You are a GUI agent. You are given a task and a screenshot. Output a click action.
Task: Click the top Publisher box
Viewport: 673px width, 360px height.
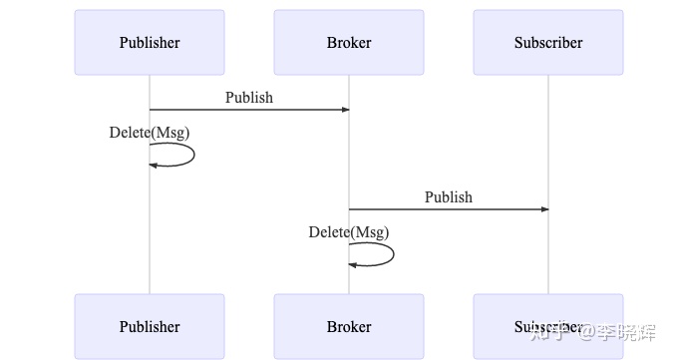coord(150,42)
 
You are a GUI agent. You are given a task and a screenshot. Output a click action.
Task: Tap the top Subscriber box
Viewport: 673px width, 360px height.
coord(548,42)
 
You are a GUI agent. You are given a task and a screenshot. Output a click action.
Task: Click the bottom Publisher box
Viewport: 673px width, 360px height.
coord(150,326)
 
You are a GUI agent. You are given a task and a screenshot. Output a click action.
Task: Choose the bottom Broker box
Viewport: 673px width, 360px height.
coord(349,326)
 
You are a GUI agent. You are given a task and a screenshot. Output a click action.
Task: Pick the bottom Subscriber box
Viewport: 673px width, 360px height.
coord(548,326)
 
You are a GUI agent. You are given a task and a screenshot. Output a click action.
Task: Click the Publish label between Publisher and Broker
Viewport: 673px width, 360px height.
coord(249,98)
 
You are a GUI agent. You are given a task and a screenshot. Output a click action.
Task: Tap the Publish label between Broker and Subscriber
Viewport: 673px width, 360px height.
coord(449,197)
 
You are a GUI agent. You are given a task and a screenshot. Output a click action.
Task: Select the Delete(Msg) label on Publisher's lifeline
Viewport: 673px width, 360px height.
coord(150,133)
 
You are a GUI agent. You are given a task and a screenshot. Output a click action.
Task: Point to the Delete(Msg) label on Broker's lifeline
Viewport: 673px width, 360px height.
coord(349,232)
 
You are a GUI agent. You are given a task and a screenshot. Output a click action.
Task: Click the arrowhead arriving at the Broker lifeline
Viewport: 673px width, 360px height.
coord(345,110)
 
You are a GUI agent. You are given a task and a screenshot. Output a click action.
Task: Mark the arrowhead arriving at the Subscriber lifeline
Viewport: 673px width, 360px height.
coord(544,209)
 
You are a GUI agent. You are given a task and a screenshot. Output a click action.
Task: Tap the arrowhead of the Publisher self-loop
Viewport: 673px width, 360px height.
coord(154,165)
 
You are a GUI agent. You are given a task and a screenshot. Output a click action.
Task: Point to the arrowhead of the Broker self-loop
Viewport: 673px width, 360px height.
coord(353,264)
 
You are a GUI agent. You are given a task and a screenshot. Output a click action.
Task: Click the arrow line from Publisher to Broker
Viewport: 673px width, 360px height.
coord(249,110)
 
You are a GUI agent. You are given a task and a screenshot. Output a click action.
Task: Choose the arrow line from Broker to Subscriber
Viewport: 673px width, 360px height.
coord(449,209)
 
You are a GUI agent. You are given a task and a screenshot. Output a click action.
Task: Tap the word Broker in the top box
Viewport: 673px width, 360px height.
coord(349,42)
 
